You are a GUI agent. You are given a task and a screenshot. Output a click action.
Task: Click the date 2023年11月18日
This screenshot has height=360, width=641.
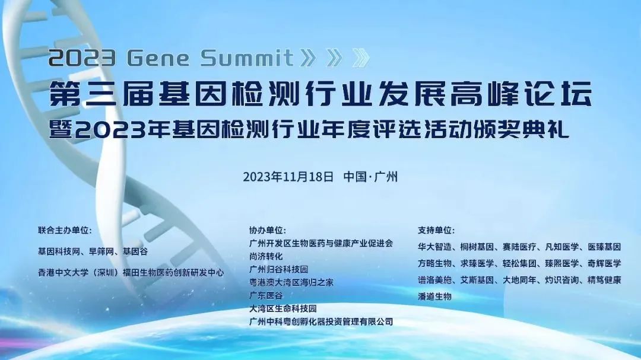click(288, 177)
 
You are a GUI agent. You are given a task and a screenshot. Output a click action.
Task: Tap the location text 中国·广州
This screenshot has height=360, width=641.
click(370, 177)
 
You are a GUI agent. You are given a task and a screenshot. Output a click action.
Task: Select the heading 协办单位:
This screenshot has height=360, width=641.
click(268, 230)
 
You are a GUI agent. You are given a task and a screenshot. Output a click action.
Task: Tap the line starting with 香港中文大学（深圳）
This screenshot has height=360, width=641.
click(131, 273)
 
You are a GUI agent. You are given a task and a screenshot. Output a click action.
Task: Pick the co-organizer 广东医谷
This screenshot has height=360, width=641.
click(266, 295)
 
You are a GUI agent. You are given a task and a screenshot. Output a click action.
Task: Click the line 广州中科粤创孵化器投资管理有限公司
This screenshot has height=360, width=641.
click(321, 321)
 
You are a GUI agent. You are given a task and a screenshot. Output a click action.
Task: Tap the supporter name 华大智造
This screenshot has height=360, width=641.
click(434, 246)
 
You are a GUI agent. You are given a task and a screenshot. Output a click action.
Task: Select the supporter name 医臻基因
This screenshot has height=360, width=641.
click(604, 246)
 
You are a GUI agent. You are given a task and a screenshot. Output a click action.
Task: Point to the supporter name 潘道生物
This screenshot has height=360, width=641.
click(434, 296)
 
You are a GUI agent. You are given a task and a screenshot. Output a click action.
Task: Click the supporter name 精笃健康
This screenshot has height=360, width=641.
click(604, 279)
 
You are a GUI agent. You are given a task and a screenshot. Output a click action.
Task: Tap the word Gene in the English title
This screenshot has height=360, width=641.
click(159, 58)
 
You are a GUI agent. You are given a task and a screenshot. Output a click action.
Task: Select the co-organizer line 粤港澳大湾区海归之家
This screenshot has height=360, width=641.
click(291, 282)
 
